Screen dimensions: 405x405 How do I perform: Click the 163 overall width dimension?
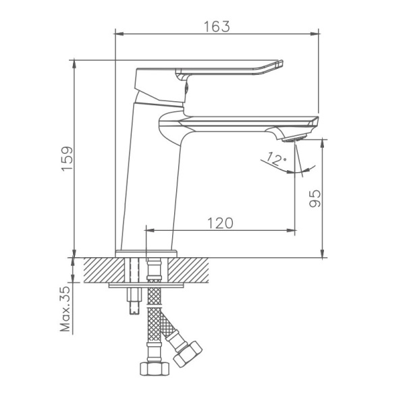click(217, 26)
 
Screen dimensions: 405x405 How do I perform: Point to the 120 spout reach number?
click(220, 223)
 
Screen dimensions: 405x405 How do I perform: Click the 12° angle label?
click(277, 159)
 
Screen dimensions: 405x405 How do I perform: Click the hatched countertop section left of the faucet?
click(101, 270)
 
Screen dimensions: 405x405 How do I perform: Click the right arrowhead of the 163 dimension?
click(315, 32)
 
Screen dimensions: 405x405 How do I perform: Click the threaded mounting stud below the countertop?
click(132, 300)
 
